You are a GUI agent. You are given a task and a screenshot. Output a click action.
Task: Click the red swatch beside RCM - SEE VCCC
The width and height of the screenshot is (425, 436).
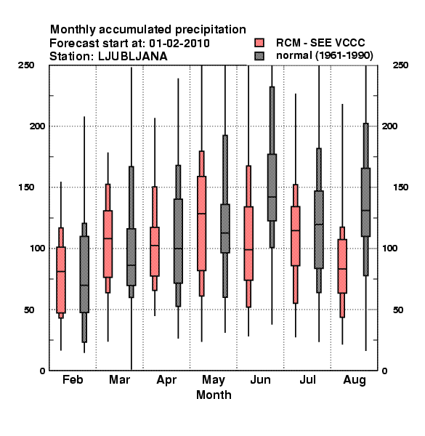tap(259, 43)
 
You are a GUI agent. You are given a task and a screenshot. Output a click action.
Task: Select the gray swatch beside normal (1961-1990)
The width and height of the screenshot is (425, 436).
tap(259, 56)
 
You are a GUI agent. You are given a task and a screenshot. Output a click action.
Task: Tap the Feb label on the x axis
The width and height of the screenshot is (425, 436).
tap(73, 379)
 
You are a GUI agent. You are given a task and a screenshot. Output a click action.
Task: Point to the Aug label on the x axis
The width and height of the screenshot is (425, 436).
tap(355, 380)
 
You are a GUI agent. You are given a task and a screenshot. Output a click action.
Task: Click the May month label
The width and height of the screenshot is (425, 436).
tap(214, 380)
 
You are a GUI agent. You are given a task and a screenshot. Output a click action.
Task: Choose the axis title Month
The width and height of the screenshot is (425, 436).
tap(214, 395)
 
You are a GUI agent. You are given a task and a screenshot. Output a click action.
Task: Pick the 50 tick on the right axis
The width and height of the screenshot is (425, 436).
tap(398, 310)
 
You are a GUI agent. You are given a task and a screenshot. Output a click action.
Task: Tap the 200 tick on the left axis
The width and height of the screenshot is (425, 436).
tap(37, 126)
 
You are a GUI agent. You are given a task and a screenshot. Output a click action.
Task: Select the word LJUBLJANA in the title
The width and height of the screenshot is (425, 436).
tap(133, 57)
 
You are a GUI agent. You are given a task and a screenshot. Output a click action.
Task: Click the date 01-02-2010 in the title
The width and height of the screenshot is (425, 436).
tap(179, 44)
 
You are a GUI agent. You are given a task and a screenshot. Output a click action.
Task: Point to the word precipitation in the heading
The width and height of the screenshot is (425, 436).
tap(209, 30)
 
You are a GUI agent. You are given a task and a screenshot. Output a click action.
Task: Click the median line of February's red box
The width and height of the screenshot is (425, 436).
tap(61, 271)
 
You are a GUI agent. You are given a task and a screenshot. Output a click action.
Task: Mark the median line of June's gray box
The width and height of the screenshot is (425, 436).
tap(272, 197)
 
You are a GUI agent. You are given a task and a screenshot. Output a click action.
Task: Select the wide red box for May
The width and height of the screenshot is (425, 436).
tap(201, 223)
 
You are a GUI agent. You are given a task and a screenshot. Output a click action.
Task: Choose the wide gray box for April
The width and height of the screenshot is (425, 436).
tap(178, 241)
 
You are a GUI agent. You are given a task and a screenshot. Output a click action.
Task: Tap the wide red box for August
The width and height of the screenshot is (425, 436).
tap(342, 266)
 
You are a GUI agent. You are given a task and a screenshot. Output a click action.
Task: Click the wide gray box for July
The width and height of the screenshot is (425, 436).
tap(319, 230)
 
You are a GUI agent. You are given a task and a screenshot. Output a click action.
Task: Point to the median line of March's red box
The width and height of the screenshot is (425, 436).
tap(108, 238)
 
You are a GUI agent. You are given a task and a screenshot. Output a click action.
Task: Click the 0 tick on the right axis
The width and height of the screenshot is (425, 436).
tap(385, 371)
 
